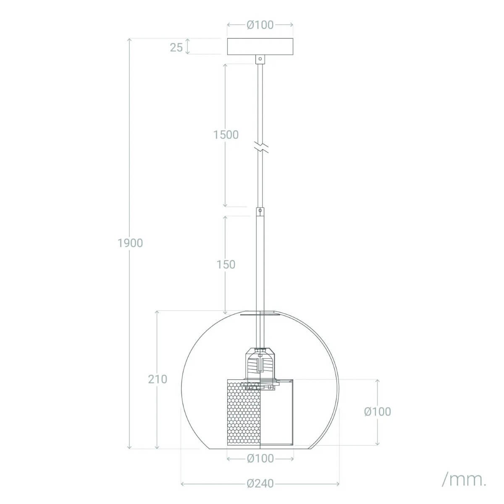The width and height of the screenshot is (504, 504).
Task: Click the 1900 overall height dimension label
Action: pyautogui.click(x=130, y=243)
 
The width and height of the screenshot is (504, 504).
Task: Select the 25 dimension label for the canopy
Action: pyautogui.click(x=176, y=47)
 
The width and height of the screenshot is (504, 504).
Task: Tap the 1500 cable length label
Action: pyautogui.click(x=226, y=135)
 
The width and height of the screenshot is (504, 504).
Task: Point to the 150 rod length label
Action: pyautogui.click(x=226, y=265)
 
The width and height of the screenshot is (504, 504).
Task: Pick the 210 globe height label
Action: pyautogui.click(x=157, y=379)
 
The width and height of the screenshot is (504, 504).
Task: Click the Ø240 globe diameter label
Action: pyautogui.click(x=260, y=484)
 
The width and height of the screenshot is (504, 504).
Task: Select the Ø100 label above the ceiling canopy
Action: pyautogui.click(x=260, y=25)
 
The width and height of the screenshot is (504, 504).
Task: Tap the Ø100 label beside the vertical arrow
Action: pyautogui.click(x=377, y=412)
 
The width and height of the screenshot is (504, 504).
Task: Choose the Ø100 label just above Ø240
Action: pyautogui.click(x=260, y=459)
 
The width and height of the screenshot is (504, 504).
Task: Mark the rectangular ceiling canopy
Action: pyautogui.click(x=260, y=47)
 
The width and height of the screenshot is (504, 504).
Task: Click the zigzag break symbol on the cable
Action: pyautogui.click(x=260, y=148)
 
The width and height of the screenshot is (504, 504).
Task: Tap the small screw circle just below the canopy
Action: pyautogui.click(x=260, y=59)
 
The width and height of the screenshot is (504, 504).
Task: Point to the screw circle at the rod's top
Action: pyautogui.click(x=260, y=210)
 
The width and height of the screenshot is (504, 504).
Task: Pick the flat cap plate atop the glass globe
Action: pyautogui.click(x=260, y=313)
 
